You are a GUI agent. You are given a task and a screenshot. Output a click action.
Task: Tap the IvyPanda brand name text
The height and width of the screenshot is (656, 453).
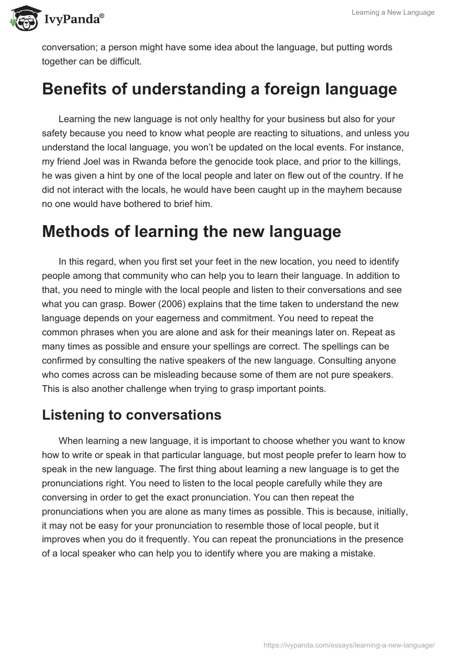(x=72, y=19)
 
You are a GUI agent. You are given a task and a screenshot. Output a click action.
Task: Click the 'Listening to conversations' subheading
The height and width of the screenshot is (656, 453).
(x=131, y=415)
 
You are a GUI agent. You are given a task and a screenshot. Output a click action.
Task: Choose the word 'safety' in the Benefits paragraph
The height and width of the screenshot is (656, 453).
(x=58, y=133)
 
